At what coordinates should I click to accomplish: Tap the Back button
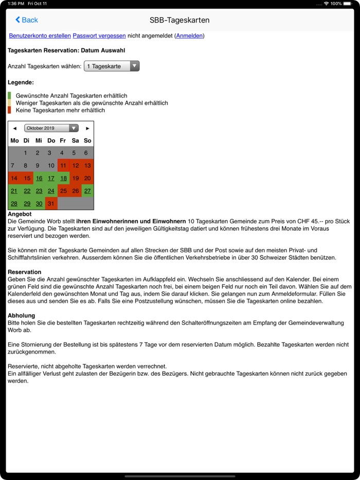click(27, 20)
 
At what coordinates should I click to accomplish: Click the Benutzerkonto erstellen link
click(40, 35)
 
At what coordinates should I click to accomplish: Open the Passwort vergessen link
click(99, 35)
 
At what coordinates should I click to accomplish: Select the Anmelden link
click(190, 35)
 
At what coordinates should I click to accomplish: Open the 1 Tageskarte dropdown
click(112, 66)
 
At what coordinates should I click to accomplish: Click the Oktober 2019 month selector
click(51, 128)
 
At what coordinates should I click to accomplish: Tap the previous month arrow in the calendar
click(14, 128)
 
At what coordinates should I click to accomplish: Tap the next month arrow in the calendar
click(87, 128)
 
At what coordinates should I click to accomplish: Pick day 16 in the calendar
click(39, 178)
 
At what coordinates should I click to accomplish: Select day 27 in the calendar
click(87, 191)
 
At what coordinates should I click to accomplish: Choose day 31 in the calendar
click(51, 204)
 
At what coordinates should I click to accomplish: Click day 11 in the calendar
click(63, 165)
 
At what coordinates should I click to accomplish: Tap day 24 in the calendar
click(51, 191)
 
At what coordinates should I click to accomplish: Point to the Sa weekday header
click(75, 140)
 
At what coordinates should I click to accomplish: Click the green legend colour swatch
click(9, 96)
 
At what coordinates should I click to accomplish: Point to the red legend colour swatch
click(9, 110)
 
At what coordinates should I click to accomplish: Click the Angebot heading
click(20, 213)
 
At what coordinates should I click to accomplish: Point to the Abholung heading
click(21, 316)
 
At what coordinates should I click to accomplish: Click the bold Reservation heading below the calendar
click(24, 272)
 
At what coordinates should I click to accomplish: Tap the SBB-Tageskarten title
click(179, 20)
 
